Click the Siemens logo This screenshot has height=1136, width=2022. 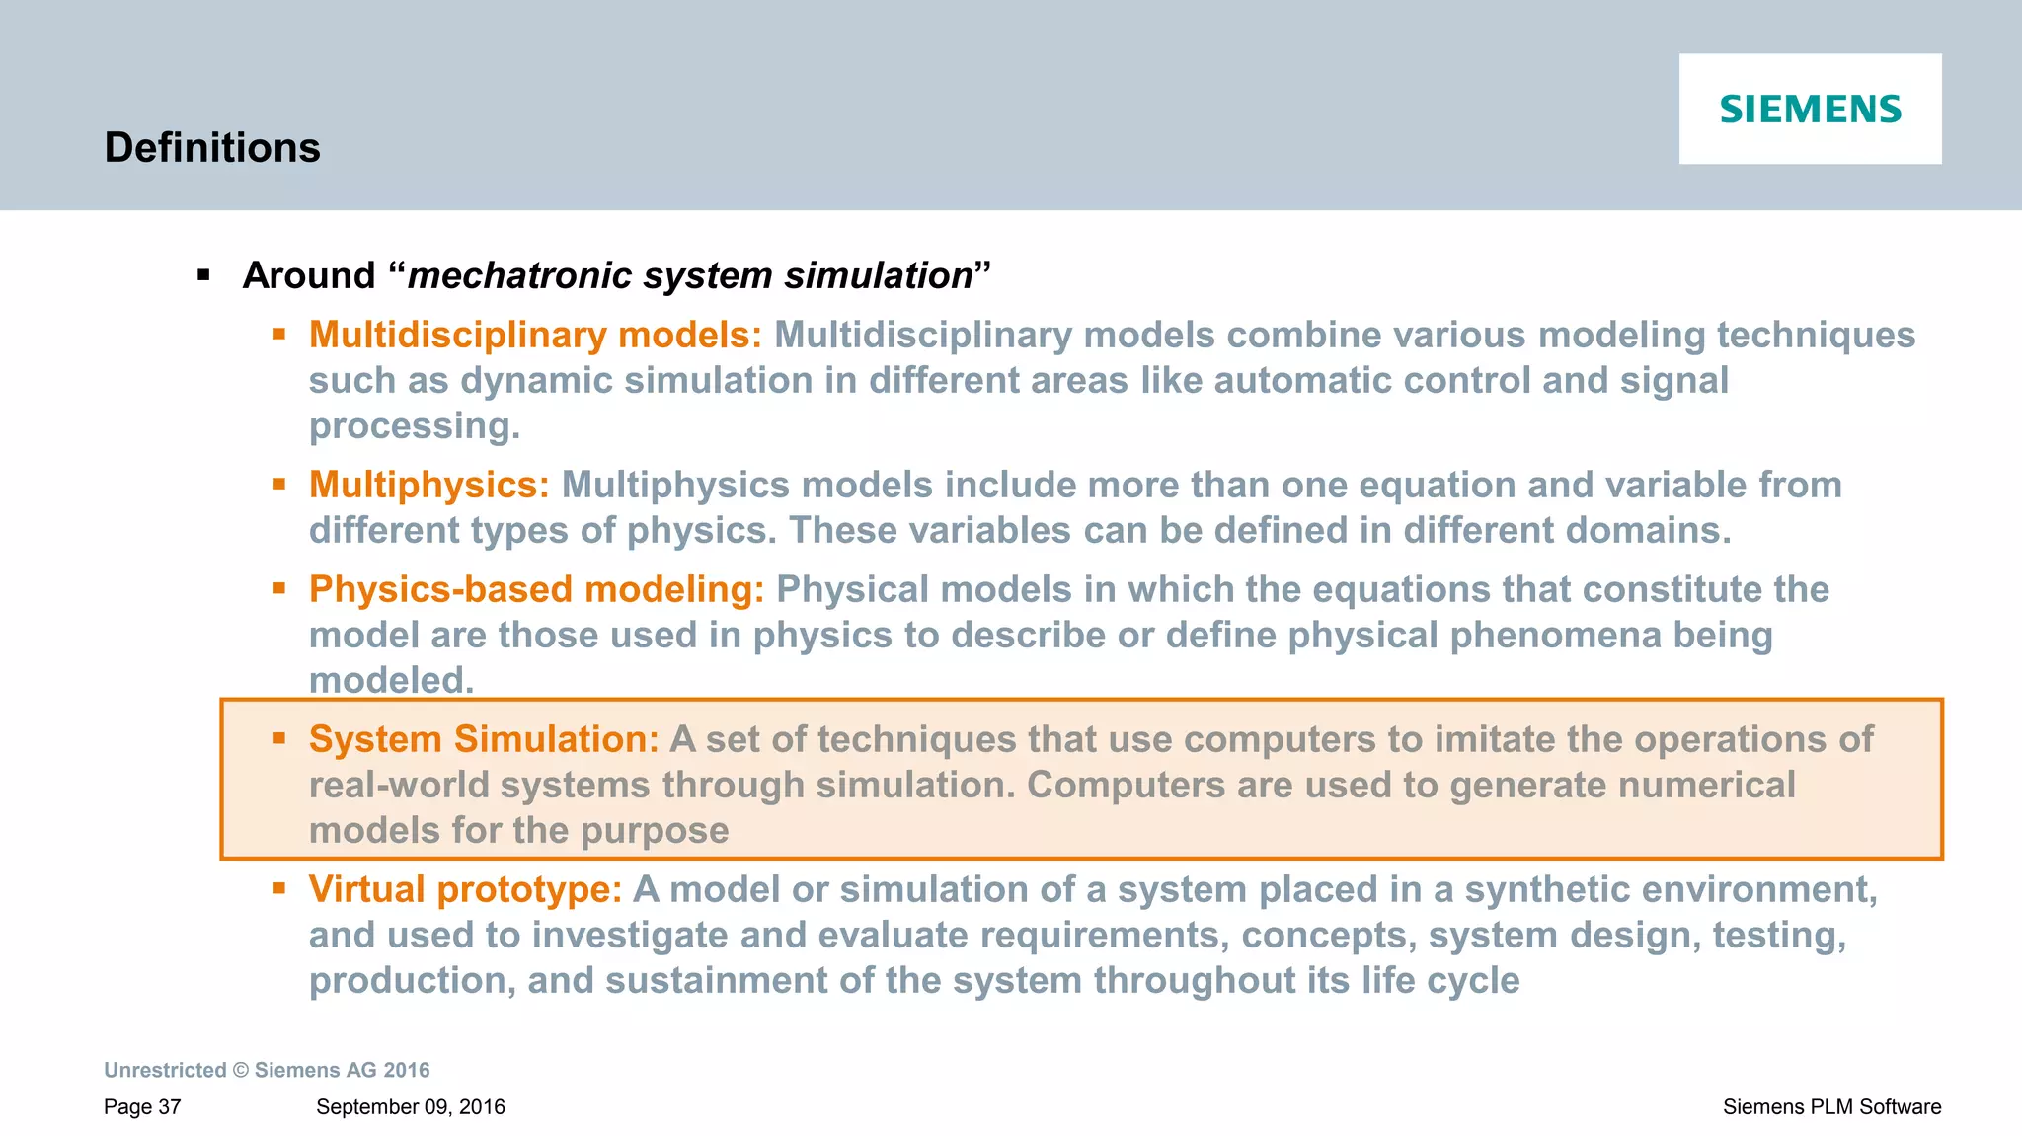click(x=1810, y=109)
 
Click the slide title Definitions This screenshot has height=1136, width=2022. click(x=212, y=148)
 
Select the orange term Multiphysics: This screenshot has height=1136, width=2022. click(x=428, y=485)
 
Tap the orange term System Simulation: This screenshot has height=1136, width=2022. click(x=483, y=739)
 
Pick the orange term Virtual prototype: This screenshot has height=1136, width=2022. click(x=465, y=889)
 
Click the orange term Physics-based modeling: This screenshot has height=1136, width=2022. click(x=536, y=589)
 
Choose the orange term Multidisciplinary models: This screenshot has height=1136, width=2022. click(x=535, y=335)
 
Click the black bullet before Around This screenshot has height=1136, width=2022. click(x=204, y=275)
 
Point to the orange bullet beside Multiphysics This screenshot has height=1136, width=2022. click(x=279, y=484)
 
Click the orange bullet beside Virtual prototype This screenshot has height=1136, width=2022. click(x=279, y=888)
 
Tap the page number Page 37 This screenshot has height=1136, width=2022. click(x=142, y=1107)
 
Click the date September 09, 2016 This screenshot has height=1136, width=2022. click(x=410, y=1107)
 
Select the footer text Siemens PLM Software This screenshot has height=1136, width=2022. click(x=1831, y=1107)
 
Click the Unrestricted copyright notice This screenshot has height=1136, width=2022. click(x=267, y=1070)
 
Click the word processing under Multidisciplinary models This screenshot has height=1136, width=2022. click(x=414, y=425)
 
